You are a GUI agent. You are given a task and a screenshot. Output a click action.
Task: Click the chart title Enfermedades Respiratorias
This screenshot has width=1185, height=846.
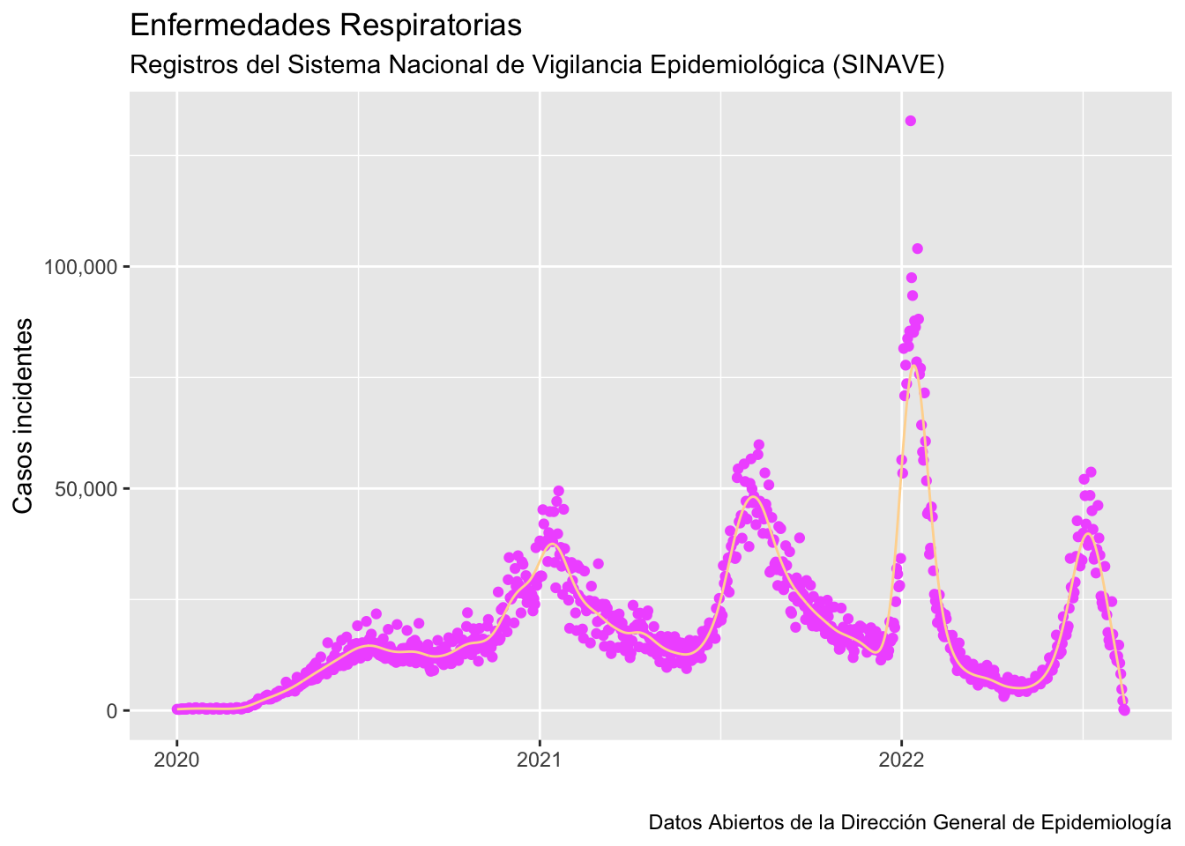point(326,25)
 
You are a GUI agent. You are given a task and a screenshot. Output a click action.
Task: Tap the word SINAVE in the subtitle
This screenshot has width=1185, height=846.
point(888,64)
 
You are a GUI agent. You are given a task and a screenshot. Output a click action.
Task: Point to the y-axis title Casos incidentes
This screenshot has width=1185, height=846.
point(23,416)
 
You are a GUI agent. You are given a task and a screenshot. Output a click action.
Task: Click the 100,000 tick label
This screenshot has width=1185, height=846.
point(80,267)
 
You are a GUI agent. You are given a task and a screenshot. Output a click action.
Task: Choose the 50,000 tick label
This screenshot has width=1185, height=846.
point(86,489)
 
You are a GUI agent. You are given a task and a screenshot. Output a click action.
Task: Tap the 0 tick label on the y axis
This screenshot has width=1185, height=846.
point(112,711)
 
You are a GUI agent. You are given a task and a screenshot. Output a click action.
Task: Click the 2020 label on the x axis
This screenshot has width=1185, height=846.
point(176,760)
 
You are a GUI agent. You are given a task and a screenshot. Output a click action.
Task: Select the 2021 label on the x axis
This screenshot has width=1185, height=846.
point(539,760)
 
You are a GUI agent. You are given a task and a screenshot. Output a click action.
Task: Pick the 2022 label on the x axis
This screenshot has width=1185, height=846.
point(901,760)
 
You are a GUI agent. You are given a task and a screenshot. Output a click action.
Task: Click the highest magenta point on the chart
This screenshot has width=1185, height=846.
point(911,121)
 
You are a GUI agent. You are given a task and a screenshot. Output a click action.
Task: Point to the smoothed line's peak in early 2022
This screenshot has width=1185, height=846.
point(913,366)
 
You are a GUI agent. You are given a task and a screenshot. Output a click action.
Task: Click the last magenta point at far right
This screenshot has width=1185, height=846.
point(1124,710)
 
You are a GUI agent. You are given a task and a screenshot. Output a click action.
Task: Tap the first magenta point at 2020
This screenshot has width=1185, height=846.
point(176,709)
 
